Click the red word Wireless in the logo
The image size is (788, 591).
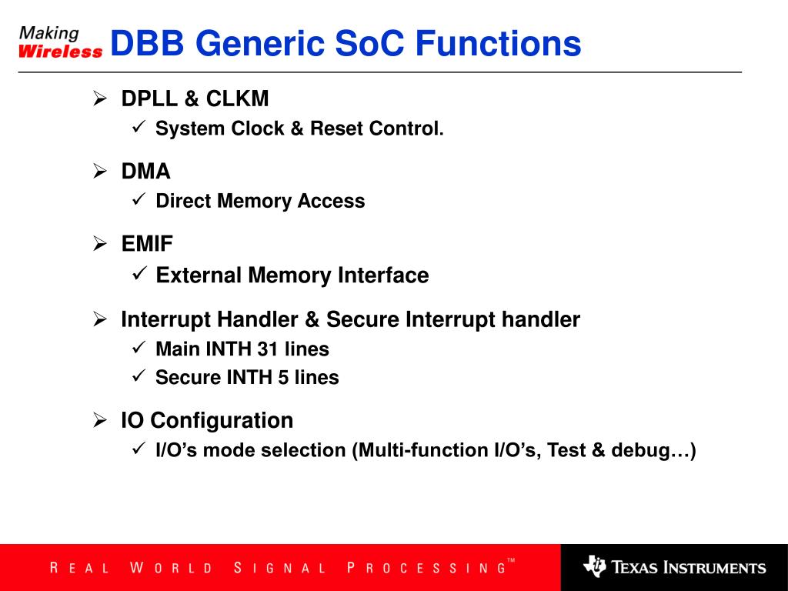click(x=60, y=52)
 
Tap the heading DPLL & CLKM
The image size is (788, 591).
click(x=195, y=99)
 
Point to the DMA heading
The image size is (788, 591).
click(x=146, y=172)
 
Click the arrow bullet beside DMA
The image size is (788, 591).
click(x=100, y=172)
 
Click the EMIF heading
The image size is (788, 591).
click(x=147, y=244)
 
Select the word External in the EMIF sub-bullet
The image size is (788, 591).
click(x=199, y=275)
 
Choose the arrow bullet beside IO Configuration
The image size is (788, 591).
click(x=100, y=420)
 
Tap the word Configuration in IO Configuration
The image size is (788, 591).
click(x=222, y=421)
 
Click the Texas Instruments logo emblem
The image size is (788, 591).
click(x=595, y=567)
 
